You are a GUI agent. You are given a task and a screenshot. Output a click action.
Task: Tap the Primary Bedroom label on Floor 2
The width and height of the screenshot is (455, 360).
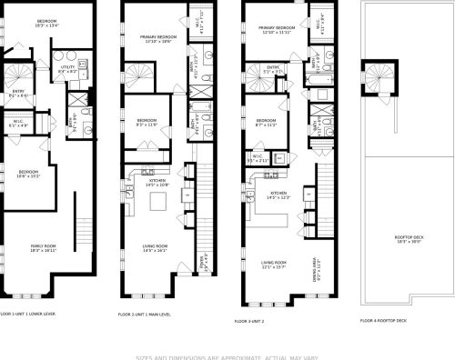(x=157, y=38)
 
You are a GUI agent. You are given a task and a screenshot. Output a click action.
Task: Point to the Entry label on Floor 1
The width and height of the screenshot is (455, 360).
(x=18, y=93)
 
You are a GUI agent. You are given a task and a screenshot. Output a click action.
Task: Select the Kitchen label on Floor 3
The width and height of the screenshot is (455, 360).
(x=278, y=195)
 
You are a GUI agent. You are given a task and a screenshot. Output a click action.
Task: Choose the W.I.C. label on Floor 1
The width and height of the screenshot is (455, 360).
(x=17, y=123)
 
